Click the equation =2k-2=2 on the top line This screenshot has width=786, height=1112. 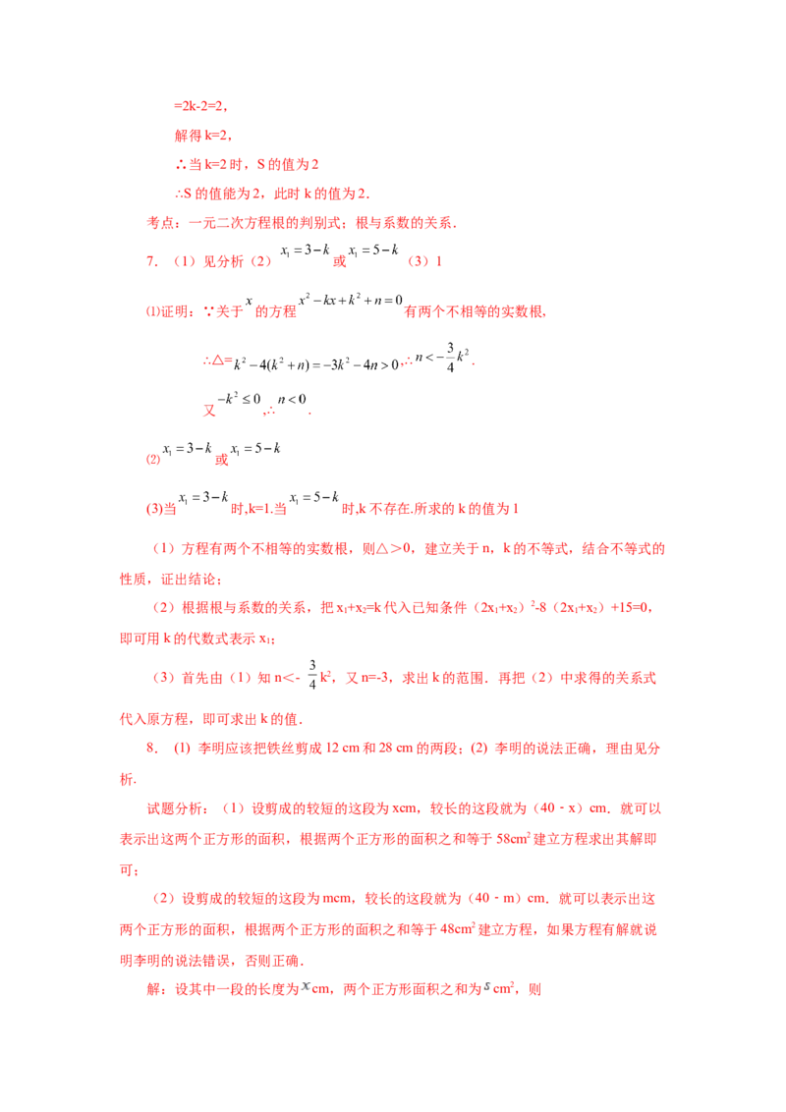(199, 106)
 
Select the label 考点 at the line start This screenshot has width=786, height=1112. (160, 223)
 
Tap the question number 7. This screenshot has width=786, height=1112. (151, 261)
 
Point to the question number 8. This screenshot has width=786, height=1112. (151, 748)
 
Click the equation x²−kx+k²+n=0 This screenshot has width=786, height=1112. (351, 300)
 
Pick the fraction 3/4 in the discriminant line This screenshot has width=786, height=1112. (450, 358)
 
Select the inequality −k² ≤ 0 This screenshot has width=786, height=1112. (239, 399)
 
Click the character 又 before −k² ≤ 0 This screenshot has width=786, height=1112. (209, 411)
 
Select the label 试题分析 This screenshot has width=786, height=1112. (175, 808)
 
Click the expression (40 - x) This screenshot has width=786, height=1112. (558, 807)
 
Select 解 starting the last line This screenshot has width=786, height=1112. (153, 988)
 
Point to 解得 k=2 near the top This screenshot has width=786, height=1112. (201, 136)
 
